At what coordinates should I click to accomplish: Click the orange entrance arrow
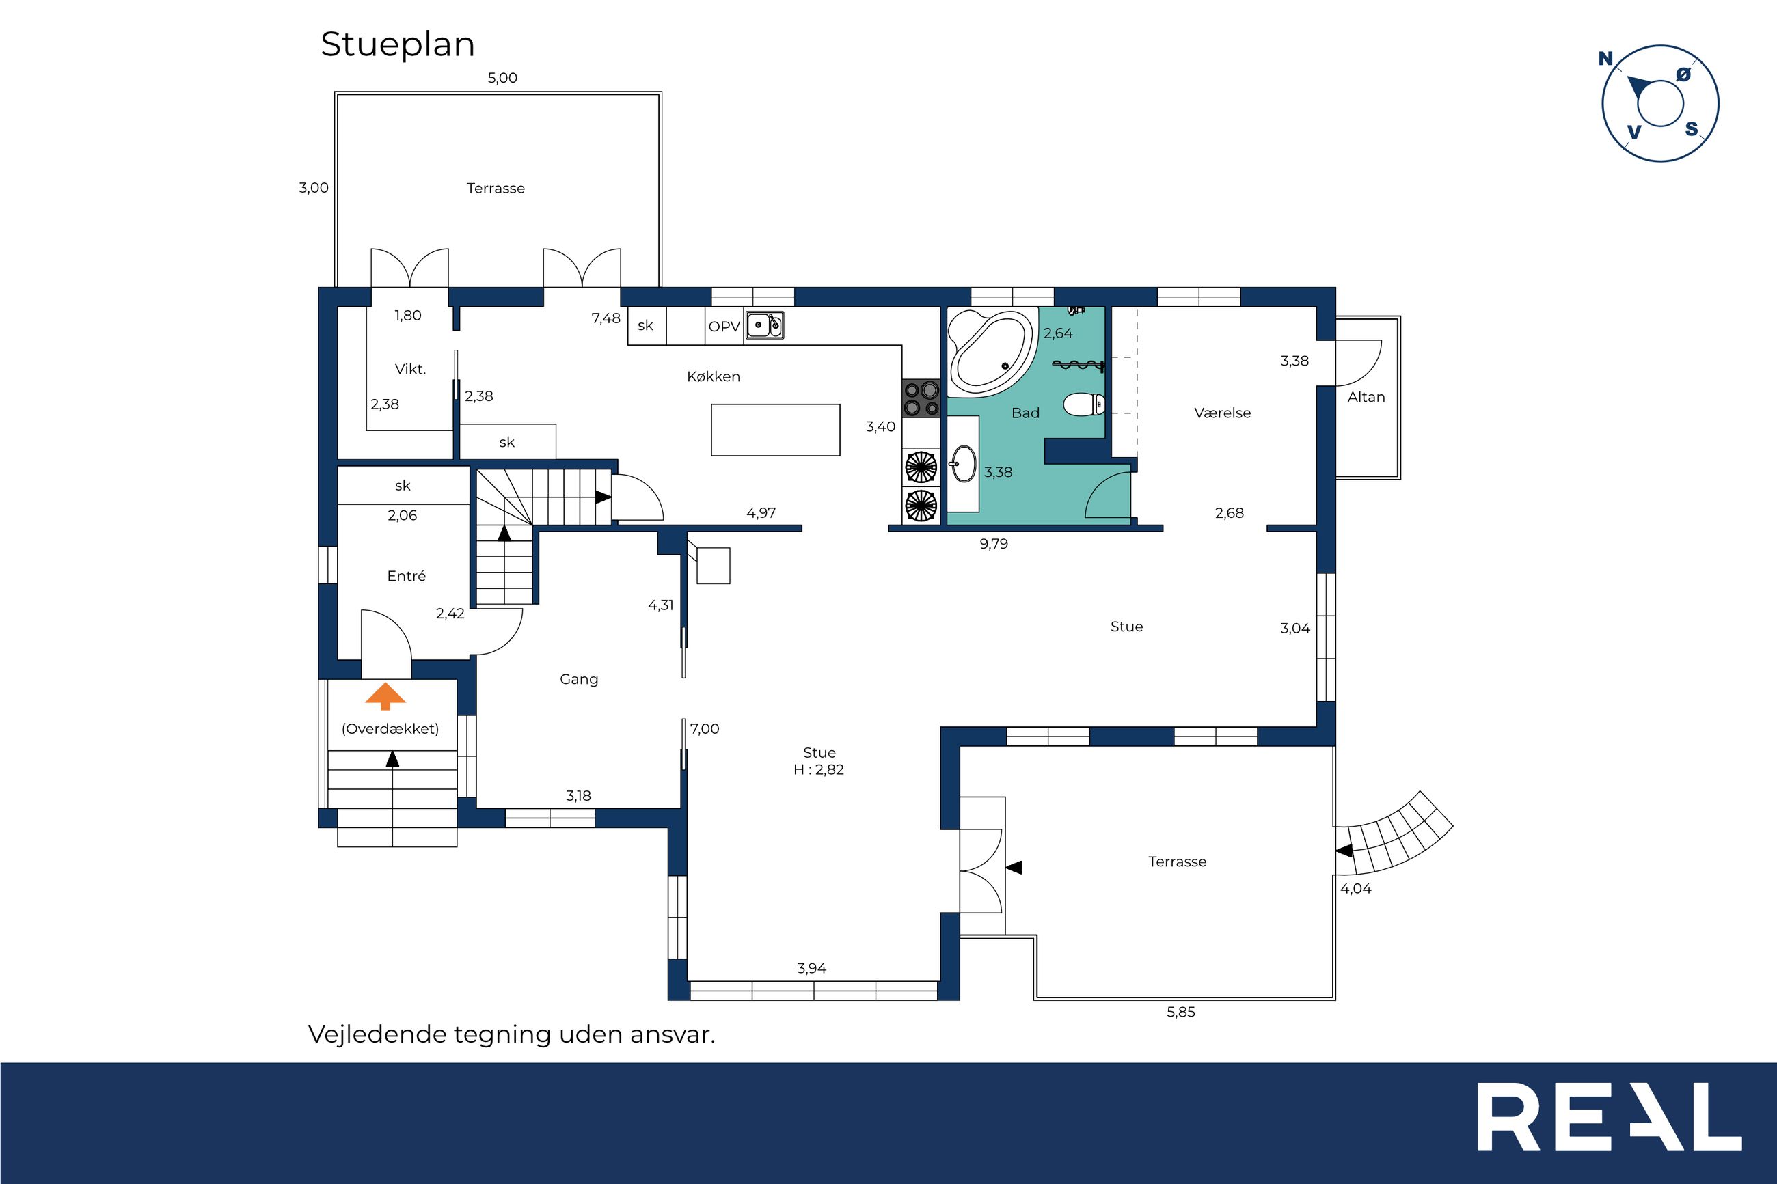point(385,696)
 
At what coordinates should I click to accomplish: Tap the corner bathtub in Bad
point(990,352)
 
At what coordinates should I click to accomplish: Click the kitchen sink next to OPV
point(764,325)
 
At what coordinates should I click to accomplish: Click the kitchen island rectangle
point(776,430)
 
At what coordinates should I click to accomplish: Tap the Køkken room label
point(713,376)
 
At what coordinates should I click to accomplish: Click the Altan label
point(1366,397)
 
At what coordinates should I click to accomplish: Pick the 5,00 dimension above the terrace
point(502,78)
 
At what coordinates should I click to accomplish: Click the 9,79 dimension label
point(994,544)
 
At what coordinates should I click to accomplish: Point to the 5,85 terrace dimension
point(1180,1013)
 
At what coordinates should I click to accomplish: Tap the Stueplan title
point(397,44)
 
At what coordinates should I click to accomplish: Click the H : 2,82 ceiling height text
point(819,769)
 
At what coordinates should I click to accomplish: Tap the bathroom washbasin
point(963,463)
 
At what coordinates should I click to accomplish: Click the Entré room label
point(406,576)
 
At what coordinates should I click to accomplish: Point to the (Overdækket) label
point(390,729)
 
